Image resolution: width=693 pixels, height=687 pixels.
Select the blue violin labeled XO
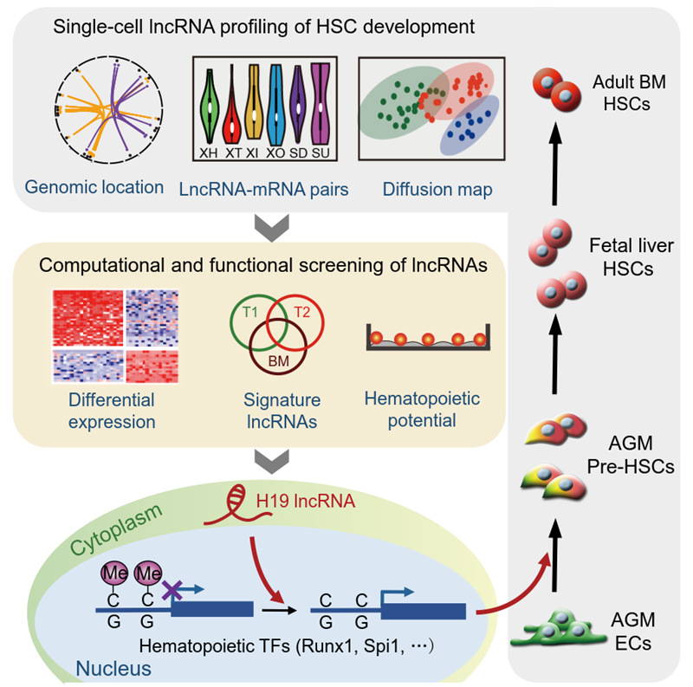coord(276,105)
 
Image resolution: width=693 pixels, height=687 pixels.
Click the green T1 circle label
coord(250,313)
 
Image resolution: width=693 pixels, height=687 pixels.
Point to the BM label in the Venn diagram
coord(279,361)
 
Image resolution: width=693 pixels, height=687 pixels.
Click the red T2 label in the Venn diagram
coord(301,313)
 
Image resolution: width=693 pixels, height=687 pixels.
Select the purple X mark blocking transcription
coord(172,591)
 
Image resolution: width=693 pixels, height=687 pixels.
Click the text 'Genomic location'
coord(94,187)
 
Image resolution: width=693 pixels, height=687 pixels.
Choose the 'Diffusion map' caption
coord(437,189)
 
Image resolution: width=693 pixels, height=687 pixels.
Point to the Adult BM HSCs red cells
coord(557,90)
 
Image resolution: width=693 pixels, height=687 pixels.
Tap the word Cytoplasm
coord(116,529)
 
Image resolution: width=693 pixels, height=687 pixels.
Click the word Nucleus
coord(113,669)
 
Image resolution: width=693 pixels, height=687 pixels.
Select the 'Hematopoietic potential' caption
coord(422,410)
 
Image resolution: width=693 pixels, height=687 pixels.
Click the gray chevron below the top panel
coord(272,228)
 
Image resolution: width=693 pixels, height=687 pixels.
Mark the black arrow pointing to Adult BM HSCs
coord(555,165)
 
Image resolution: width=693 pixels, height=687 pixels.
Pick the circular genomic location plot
coord(109,110)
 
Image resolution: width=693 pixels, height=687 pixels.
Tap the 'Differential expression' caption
coord(112,411)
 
